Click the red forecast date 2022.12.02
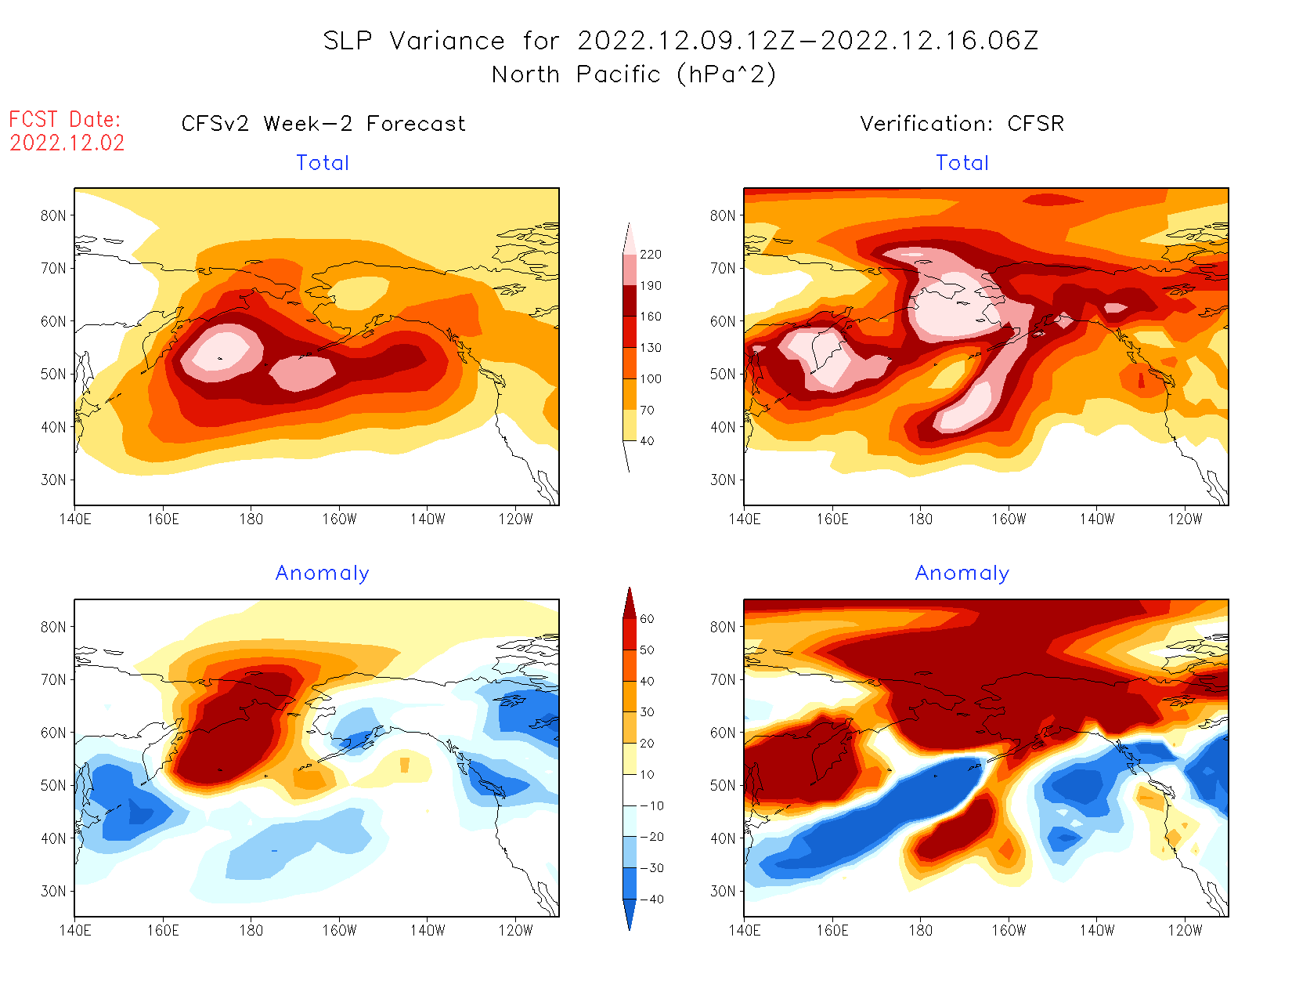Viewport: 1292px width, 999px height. (67, 143)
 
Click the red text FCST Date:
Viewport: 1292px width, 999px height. (65, 119)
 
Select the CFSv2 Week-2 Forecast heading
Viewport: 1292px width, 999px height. (323, 124)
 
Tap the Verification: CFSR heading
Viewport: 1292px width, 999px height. (962, 124)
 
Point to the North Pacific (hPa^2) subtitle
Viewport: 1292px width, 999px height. (633, 74)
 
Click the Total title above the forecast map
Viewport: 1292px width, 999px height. (323, 163)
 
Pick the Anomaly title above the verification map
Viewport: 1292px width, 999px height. (962, 574)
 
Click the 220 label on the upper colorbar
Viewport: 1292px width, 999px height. (650, 255)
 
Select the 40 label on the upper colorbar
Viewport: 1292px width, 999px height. (647, 441)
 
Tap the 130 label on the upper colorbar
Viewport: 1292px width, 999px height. (650, 348)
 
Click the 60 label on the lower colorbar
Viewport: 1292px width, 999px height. (647, 619)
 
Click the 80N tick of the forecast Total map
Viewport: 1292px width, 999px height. (53, 215)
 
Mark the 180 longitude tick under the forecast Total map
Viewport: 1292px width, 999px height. (251, 519)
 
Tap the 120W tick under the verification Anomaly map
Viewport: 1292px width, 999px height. (1185, 931)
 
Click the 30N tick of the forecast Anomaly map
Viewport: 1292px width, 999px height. (53, 891)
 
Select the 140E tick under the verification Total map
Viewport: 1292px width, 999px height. (744, 519)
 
